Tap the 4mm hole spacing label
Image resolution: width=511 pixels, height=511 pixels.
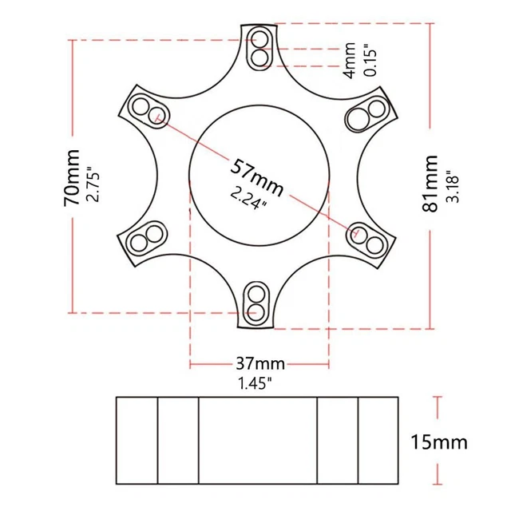(x=348, y=59)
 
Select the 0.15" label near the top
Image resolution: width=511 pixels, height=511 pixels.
(x=369, y=59)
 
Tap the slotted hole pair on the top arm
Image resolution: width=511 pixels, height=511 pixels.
(x=259, y=47)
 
